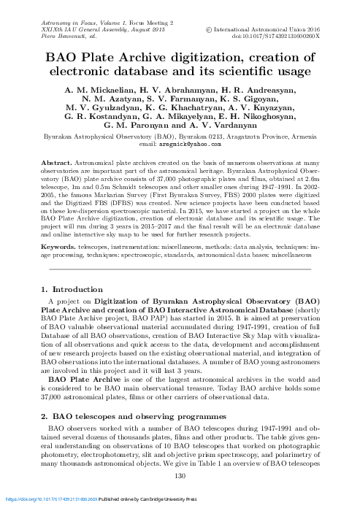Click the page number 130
coord(180,477)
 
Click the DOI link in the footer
coord(43,500)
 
